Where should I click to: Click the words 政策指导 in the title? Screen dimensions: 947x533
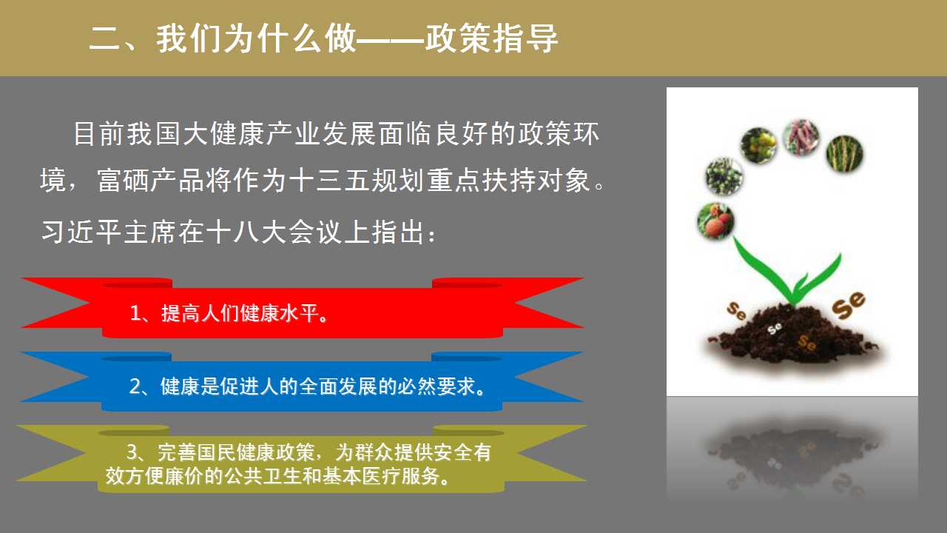492,38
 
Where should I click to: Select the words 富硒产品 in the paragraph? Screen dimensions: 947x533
150,180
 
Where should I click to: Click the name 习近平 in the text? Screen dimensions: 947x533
81,232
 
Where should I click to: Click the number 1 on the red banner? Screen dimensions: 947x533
135,313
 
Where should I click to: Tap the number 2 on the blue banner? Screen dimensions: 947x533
135,386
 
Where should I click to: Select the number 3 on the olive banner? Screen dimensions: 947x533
132,452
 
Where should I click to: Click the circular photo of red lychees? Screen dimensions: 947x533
715,221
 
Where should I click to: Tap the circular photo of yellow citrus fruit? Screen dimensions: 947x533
759,146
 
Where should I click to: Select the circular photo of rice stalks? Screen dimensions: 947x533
844,153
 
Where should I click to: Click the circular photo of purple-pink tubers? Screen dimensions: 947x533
801,137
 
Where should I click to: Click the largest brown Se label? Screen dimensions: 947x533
849,304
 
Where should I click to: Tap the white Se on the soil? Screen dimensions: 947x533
775,328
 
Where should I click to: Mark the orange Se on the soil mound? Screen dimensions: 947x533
806,343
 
